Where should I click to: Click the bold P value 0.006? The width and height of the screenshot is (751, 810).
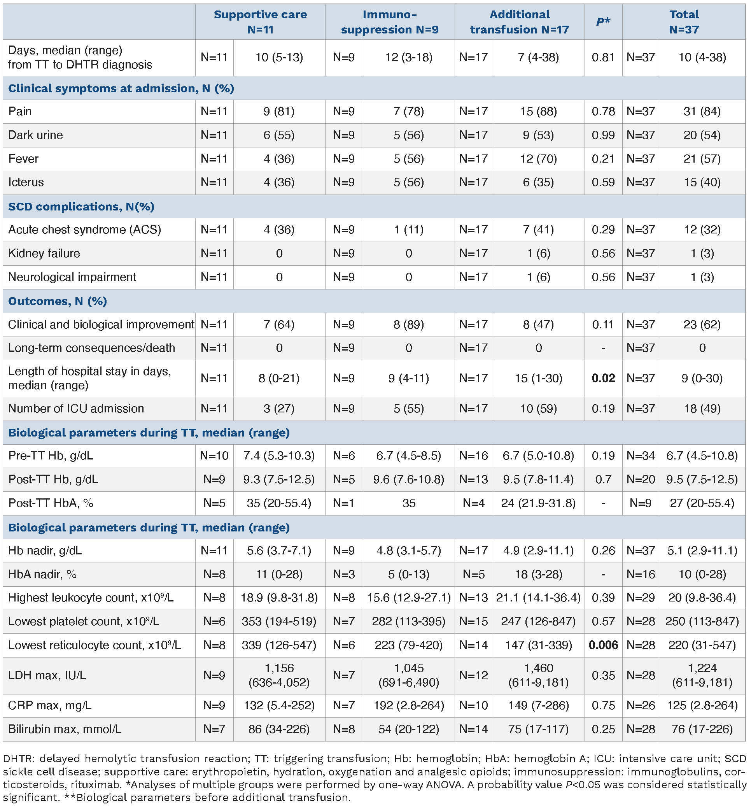click(603, 645)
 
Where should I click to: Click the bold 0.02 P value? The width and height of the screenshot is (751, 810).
click(603, 379)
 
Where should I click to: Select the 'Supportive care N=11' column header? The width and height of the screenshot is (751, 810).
click(260, 22)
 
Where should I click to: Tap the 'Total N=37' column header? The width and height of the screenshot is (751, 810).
click(684, 22)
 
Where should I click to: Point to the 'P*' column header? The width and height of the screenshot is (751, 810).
click(603, 22)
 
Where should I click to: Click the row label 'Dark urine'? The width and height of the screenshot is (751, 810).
click(35, 135)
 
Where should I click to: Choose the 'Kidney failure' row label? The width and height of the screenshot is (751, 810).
click(44, 253)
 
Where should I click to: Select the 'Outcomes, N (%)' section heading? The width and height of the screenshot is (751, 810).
click(57, 301)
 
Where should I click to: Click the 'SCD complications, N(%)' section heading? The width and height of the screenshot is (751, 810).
click(81, 207)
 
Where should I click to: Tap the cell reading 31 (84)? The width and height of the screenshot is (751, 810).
click(702, 111)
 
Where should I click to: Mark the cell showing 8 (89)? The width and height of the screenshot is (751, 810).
click(408, 325)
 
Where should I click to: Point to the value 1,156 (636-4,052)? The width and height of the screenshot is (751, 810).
click(279, 675)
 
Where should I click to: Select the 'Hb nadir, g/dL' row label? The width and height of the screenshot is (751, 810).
click(45, 551)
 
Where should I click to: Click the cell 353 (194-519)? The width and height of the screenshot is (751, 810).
click(279, 621)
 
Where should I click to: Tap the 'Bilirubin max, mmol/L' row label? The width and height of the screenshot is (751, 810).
click(65, 729)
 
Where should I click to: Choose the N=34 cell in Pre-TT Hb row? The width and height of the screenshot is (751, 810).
click(641, 456)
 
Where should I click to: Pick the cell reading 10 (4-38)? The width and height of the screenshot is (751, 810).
click(702, 57)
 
